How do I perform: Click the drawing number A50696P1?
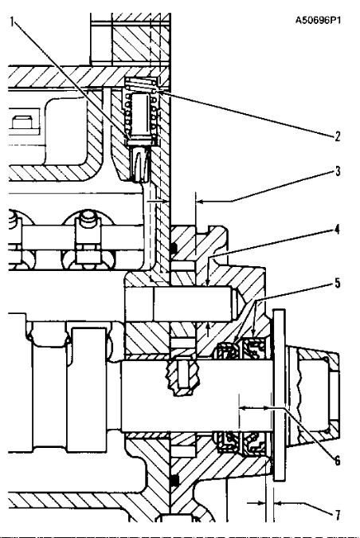(x=318, y=21)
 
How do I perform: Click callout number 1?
(x=12, y=22)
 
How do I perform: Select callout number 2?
(x=338, y=136)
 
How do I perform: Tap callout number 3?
(x=338, y=171)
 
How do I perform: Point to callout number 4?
(x=338, y=230)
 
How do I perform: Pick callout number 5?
(x=338, y=284)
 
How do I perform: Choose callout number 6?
(x=338, y=461)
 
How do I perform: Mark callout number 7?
(x=338, y=515)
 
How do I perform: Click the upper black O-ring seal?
(x=174, y=248)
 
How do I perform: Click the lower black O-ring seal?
(x=174, y=481)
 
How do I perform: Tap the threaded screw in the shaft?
(x=182, y=376)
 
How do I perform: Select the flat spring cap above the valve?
(x=140, y=82)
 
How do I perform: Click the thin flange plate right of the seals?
(x=279, y=360)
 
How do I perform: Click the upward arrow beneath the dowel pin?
(x=208, y=329)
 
